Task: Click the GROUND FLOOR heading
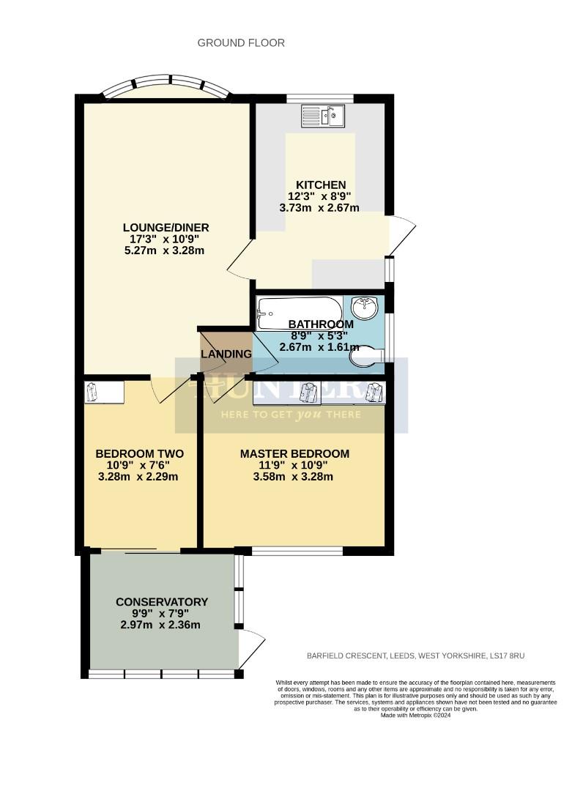tap(241, 43)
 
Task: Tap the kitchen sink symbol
tap(322, 116)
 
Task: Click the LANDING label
tap(226, 354)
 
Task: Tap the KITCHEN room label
tap(321, 185)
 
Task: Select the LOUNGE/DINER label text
tap(160, 227)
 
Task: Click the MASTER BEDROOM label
tap(294, 454)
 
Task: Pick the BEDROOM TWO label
tap(139, 454)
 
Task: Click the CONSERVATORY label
tap(162, 602)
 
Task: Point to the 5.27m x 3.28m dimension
tap(163, 250)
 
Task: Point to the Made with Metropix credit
tap(415, 716)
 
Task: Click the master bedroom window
tap(297, 550)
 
